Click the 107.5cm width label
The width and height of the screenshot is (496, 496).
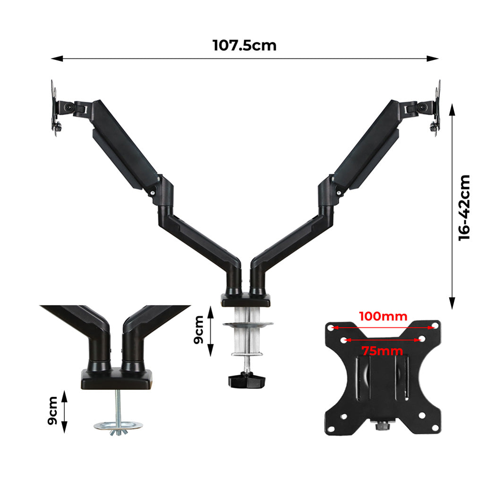pyautogui.click(x=244, y=45)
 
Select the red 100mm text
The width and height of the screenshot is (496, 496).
pyautogui.click(x=383, y=316)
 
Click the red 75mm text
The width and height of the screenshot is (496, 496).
pyautogui.click(x=382, y=351)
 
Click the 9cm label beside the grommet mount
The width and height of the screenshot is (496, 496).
pyautogui.click(x=52, y=410)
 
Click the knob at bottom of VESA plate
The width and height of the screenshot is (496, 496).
pyautogui.click(x=382, y=427)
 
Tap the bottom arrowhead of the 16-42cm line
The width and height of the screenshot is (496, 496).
pyautogui.click(x=452, y=304)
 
